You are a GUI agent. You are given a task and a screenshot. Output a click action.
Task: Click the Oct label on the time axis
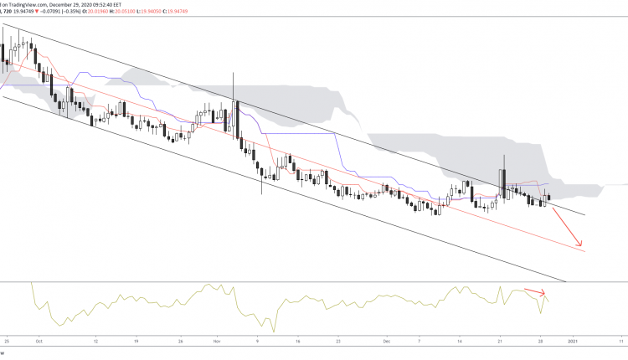pyautogui.click(x=39, y=342)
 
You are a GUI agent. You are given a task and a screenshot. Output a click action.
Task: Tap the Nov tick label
pyautogui.click(x=216, y=342)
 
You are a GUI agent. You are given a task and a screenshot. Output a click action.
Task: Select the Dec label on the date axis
pyautogui.click(x=387, y=342)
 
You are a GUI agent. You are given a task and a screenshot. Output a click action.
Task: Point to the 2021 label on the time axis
pyautogui.click(x=573, y=342)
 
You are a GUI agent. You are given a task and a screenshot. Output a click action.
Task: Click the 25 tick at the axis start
pyautogui.click(x=5, y=342)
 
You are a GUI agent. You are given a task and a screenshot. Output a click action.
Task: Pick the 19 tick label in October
pyautogui.click(x=136, y=342)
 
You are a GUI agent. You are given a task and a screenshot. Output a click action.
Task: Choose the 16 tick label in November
pyautogui.click(x=297, y=342)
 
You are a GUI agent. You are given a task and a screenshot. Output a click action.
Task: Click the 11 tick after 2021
pyautogui.click(x=621, y=342)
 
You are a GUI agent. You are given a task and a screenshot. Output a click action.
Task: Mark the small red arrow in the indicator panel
pyautogui.click(x=535, y=293)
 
